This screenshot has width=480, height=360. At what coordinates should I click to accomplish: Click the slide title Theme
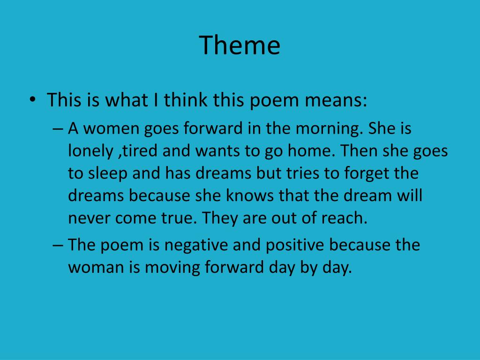pyautogui.click(x=240, y=45)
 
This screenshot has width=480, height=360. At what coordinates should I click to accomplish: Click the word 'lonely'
pyautogui.click(x=89, y=151)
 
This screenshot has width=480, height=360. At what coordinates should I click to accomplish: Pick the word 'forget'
pyautogui.click(x=366, y=173)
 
